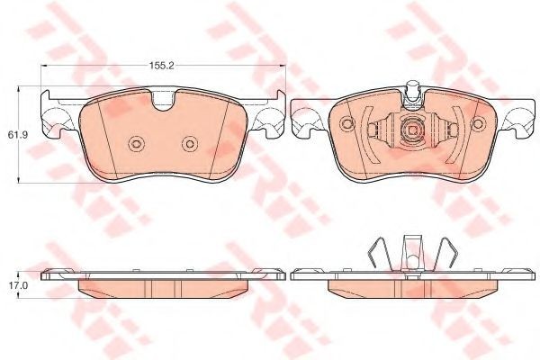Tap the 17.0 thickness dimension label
[x=14, y=285]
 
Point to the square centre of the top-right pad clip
[x=413, y=130]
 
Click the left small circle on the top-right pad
[x=346, y=123]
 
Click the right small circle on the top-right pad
[x=479, y=123]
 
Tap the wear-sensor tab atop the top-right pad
[x=413, y=90]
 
